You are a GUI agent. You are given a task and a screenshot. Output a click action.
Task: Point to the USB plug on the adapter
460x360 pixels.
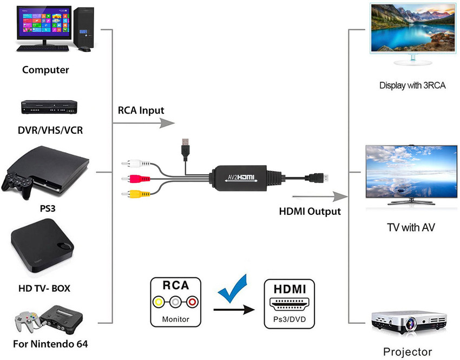pyautogui.click(x=186, y=146)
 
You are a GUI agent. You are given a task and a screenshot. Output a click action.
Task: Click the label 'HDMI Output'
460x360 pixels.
pyautogui.click(x=310, y=211)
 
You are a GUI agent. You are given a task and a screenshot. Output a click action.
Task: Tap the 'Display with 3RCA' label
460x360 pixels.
pyautogui.click(x=412, y=85)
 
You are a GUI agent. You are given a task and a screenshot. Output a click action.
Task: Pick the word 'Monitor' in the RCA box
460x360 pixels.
pyautogui.click(x=176, y=319)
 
